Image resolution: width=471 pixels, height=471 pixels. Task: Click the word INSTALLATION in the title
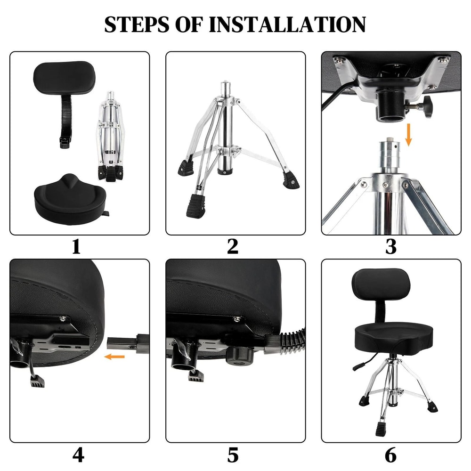tap(287, 24)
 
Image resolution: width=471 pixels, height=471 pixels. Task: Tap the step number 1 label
tap(76, 246)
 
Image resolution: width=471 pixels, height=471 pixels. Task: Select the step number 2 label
tap(233, 246)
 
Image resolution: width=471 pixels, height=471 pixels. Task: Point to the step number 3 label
tap(390, 246)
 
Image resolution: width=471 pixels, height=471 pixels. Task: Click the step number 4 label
tap(78, 455)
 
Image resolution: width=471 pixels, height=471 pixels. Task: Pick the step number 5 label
tap(233, 455)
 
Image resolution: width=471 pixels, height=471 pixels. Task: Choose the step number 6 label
tap(390, 455)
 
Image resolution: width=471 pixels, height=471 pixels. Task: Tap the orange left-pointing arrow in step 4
tap(114, 357)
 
